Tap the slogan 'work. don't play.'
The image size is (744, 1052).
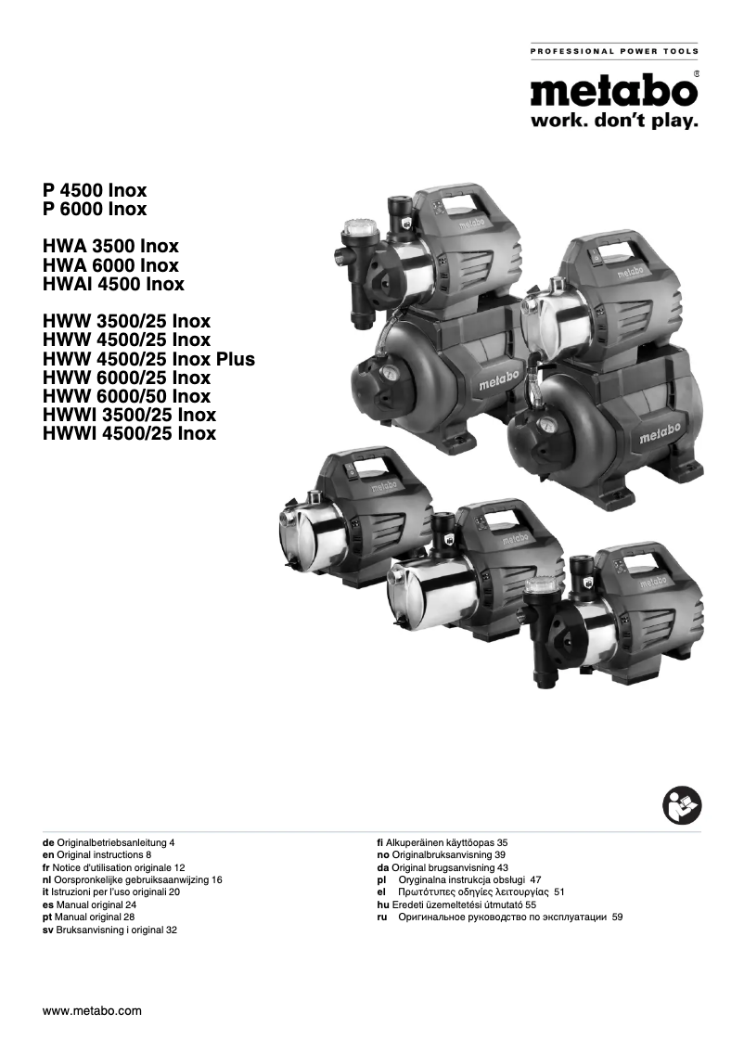613,122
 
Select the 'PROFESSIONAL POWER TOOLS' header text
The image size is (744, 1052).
613,51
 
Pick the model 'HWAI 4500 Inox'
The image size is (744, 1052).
113,284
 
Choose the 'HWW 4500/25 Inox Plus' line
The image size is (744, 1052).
148,359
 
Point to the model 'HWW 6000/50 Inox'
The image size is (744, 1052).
127,396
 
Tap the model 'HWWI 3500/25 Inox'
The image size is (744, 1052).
130,415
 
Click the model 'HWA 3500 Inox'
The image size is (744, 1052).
110,247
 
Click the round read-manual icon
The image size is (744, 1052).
682,803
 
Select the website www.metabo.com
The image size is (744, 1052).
93,1010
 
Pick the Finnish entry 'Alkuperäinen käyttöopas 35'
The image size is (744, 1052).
436,841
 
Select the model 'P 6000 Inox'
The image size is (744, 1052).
95,210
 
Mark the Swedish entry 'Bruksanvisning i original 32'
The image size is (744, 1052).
110,929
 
